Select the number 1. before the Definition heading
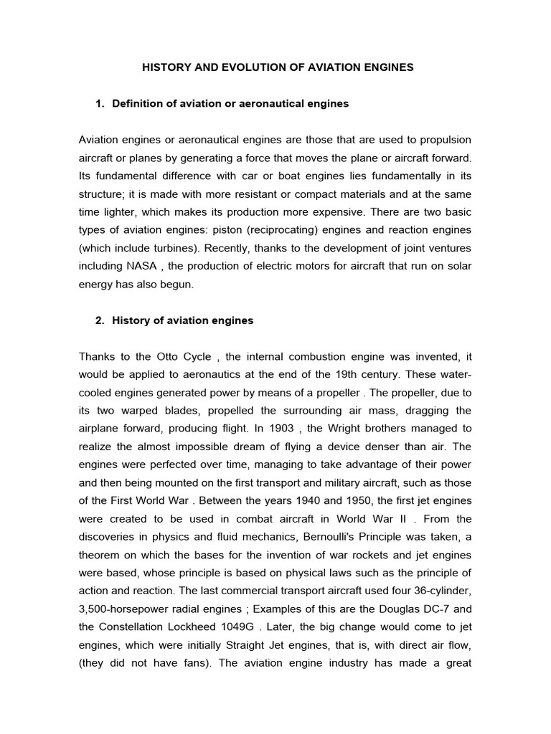pyautogui.click(x=100, y=104)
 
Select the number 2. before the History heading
pyautogui.click(x=100, y=320)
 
